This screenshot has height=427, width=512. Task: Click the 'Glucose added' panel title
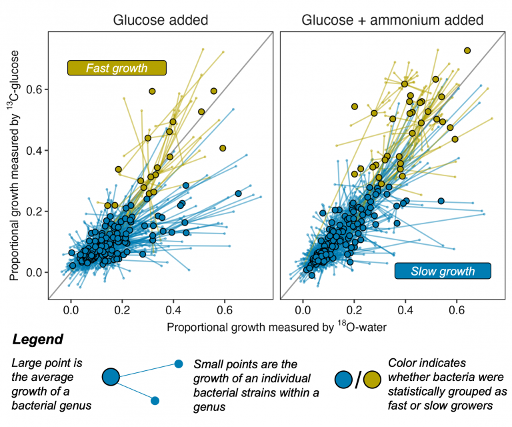pos(160,20)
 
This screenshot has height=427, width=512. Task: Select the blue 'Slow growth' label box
pos(443,271)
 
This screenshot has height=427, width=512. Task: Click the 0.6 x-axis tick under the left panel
pos(225,311)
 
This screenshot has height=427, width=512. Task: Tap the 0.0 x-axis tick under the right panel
pos(303,311)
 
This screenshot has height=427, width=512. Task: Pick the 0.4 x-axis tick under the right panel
pos(406,311)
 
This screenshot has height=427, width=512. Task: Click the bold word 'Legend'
pos(38,340)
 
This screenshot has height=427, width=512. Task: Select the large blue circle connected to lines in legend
pos(110,378)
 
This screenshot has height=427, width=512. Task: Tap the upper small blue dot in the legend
pos(178,364)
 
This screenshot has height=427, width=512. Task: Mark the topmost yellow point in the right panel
pos(467,51)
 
